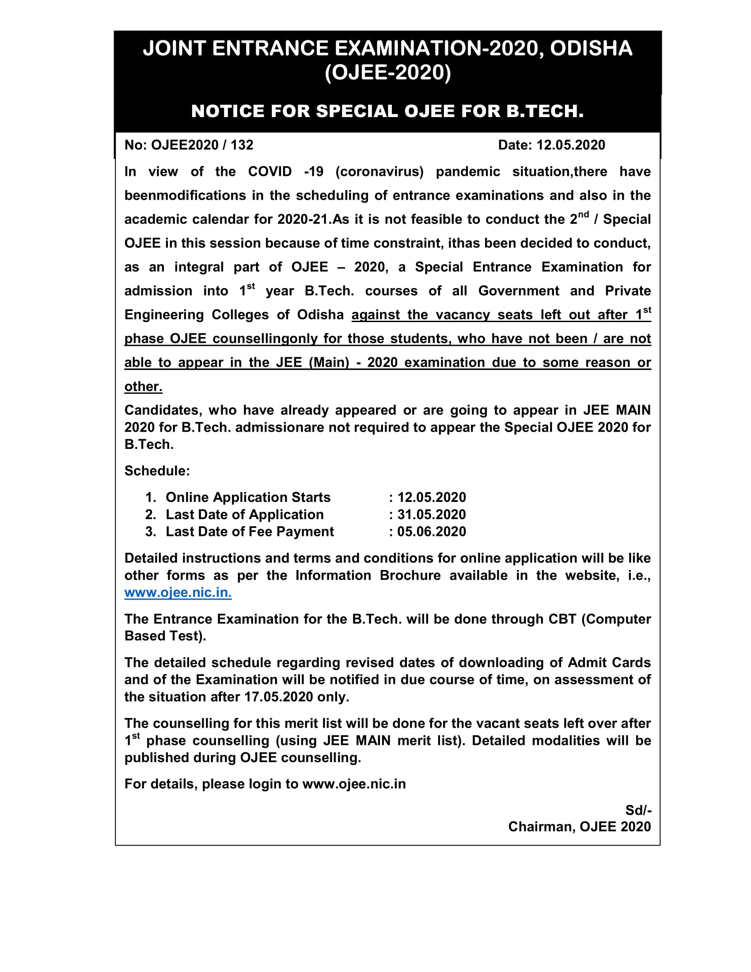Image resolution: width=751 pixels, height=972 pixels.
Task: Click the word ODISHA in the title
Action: (591, 48)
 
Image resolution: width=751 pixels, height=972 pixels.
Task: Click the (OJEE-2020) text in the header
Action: (387, 72)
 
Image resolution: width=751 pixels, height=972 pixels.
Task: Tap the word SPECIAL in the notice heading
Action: (357, 111)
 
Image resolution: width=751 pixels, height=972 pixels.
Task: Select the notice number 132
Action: (242, 145)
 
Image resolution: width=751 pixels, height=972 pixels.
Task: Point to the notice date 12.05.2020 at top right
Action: (570, 145)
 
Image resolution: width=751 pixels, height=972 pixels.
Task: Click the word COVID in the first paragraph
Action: (269, 172)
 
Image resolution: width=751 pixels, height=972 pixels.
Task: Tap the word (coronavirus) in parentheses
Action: (379, 172)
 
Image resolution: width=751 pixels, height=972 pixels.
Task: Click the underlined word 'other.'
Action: (143, 386)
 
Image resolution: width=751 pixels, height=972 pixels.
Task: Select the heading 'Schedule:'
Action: (157, 471)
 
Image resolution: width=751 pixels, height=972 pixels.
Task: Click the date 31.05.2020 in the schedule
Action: (431, 514)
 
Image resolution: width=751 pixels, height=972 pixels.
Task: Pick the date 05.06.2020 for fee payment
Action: (431, 532)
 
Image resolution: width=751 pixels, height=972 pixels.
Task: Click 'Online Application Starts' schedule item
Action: (248, 497)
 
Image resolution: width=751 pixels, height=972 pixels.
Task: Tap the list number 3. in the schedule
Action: (150, 532)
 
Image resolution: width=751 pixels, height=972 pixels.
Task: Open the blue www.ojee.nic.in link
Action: (178, 592)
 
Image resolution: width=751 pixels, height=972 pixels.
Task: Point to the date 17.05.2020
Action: (278, 696)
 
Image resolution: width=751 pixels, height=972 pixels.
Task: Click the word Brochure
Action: (410, 575)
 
